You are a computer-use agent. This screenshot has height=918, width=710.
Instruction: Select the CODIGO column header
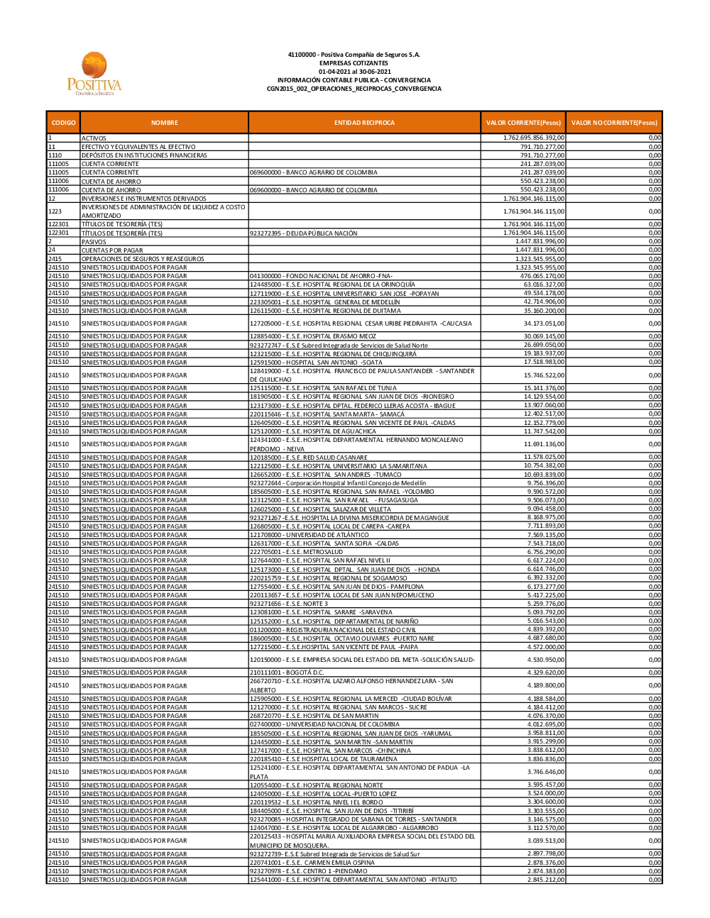tap(63, 123)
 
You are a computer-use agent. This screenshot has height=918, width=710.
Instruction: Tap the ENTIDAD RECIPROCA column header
tap(364, 123)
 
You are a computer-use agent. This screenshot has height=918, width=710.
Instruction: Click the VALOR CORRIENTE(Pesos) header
tap(523, 123)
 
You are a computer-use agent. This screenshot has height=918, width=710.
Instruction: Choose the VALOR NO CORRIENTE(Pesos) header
tap(614, 123)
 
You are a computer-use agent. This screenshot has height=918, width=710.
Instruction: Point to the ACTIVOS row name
tap(94, 138)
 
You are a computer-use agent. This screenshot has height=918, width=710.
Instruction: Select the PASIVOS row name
tap(94, 242)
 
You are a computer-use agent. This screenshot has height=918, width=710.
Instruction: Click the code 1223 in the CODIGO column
tap(55, 211)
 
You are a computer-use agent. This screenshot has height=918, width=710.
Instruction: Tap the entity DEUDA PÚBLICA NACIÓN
tap(303, 233)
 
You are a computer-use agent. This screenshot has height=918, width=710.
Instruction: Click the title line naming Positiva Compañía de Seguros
tap(354, 55)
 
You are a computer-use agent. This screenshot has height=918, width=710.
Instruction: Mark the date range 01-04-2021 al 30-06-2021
tap(354, 72)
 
